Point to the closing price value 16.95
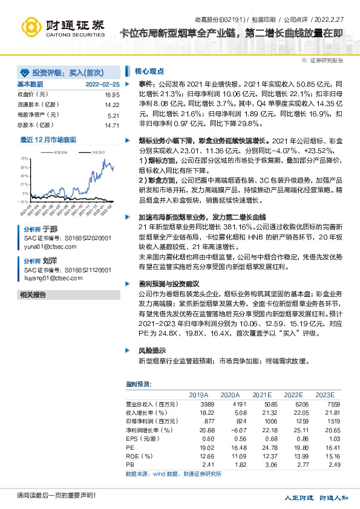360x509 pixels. [x=112, y=95]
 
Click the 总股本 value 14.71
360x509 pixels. [x=112, y=125]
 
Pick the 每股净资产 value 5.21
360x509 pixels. [x=113, y=115]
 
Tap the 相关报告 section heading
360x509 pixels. [x=33, y=294]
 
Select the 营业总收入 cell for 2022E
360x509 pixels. [x=292, y=403]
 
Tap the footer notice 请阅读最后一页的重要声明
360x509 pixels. [x=48, y=495]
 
